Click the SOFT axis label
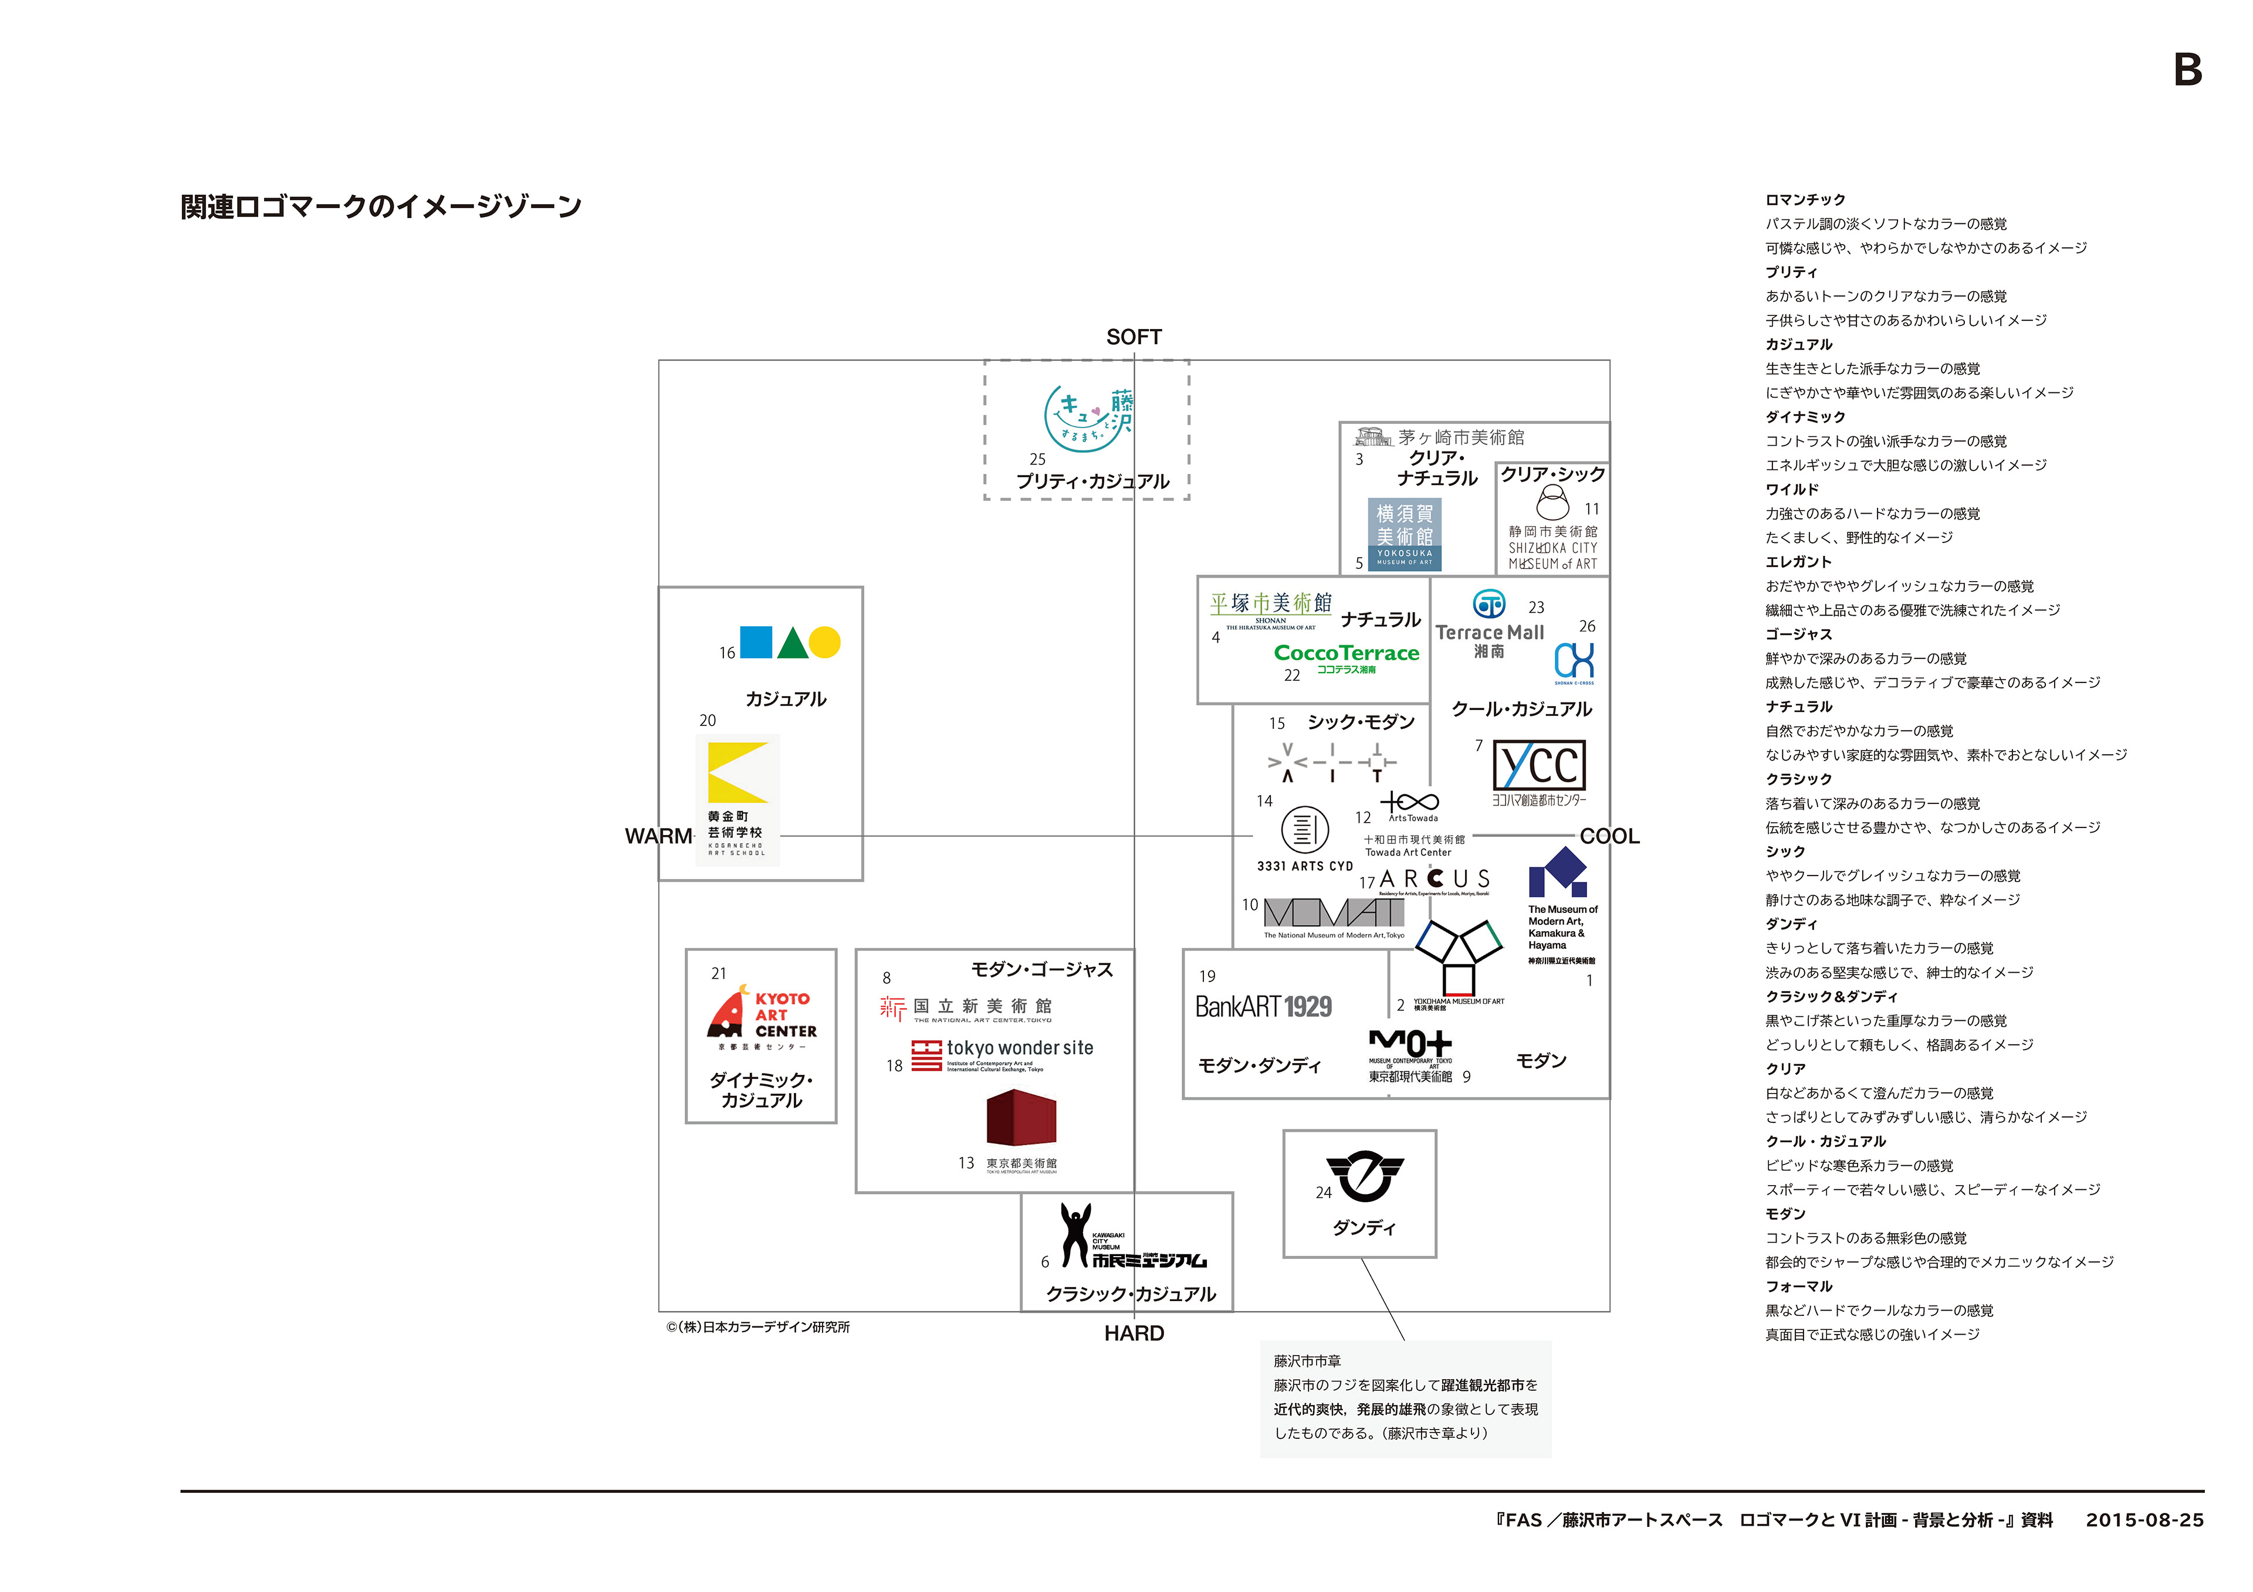[1134, 337]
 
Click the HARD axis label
[1134, 1333]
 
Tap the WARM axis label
[658, 836]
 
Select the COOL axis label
[1609, 836]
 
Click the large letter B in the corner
[2187, 70]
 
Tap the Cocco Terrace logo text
[1347, 653]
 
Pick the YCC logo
[1538, 766]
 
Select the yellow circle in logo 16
[824, 643]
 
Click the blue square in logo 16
[756, 643]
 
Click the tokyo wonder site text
[1020, 1048]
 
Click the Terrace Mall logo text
[1490, 633]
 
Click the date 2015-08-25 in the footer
[2144, 1519]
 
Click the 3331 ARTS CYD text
[1304, 866]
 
